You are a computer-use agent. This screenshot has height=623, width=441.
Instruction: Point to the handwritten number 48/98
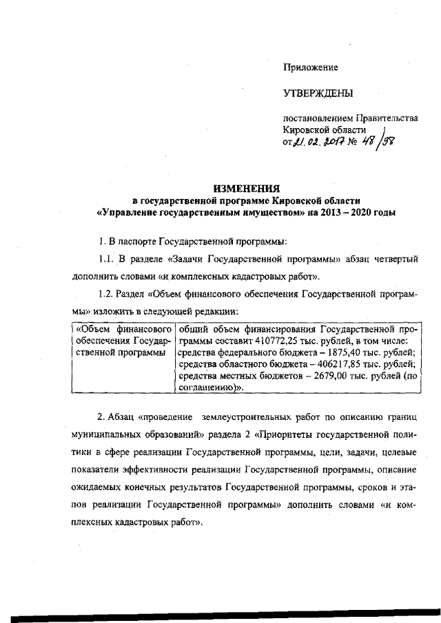386,142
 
